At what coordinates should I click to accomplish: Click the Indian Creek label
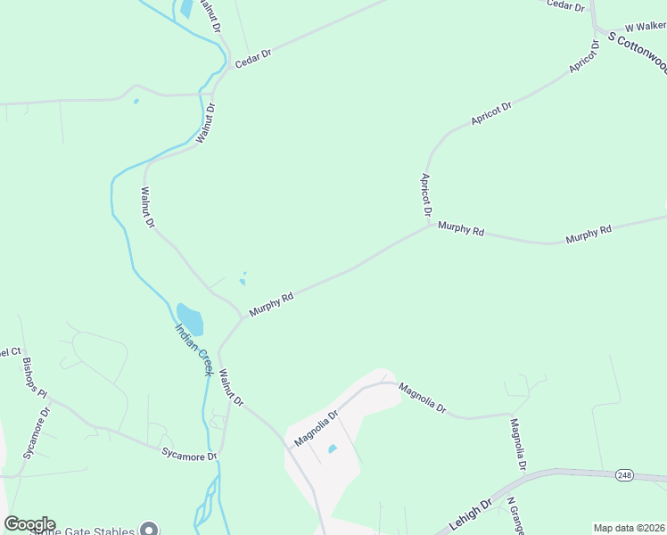point(194,350)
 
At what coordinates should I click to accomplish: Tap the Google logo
point(29,524)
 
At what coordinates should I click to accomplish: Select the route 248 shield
point(624,476)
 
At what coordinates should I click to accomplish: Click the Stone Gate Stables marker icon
point(150,531)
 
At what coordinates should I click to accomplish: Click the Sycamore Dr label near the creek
point(189,455)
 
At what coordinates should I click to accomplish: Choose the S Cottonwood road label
point(638,50)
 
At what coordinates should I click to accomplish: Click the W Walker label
point(646,29)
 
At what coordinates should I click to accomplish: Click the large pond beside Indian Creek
point(190,318)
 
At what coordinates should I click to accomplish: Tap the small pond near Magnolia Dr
point(332,449)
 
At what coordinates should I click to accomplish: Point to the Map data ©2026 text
point(629,527)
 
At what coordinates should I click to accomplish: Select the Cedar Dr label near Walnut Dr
point(252,59)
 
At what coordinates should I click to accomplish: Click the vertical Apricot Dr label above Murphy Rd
point(426,195)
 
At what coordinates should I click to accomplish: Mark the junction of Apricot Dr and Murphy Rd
point(432,225)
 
